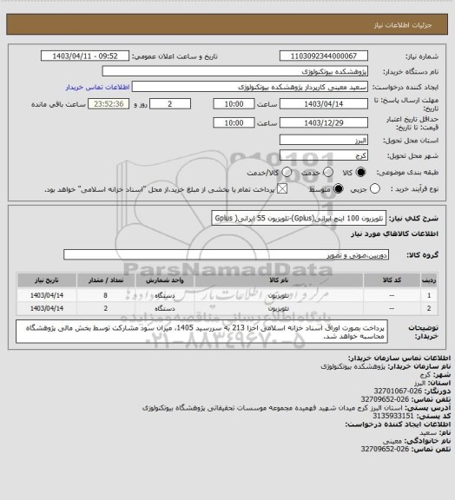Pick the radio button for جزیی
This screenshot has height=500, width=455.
click(x=351, y=187)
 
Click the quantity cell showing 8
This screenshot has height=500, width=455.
click(x=105, y=294)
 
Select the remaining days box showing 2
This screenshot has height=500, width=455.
click(x=178, y=104)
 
